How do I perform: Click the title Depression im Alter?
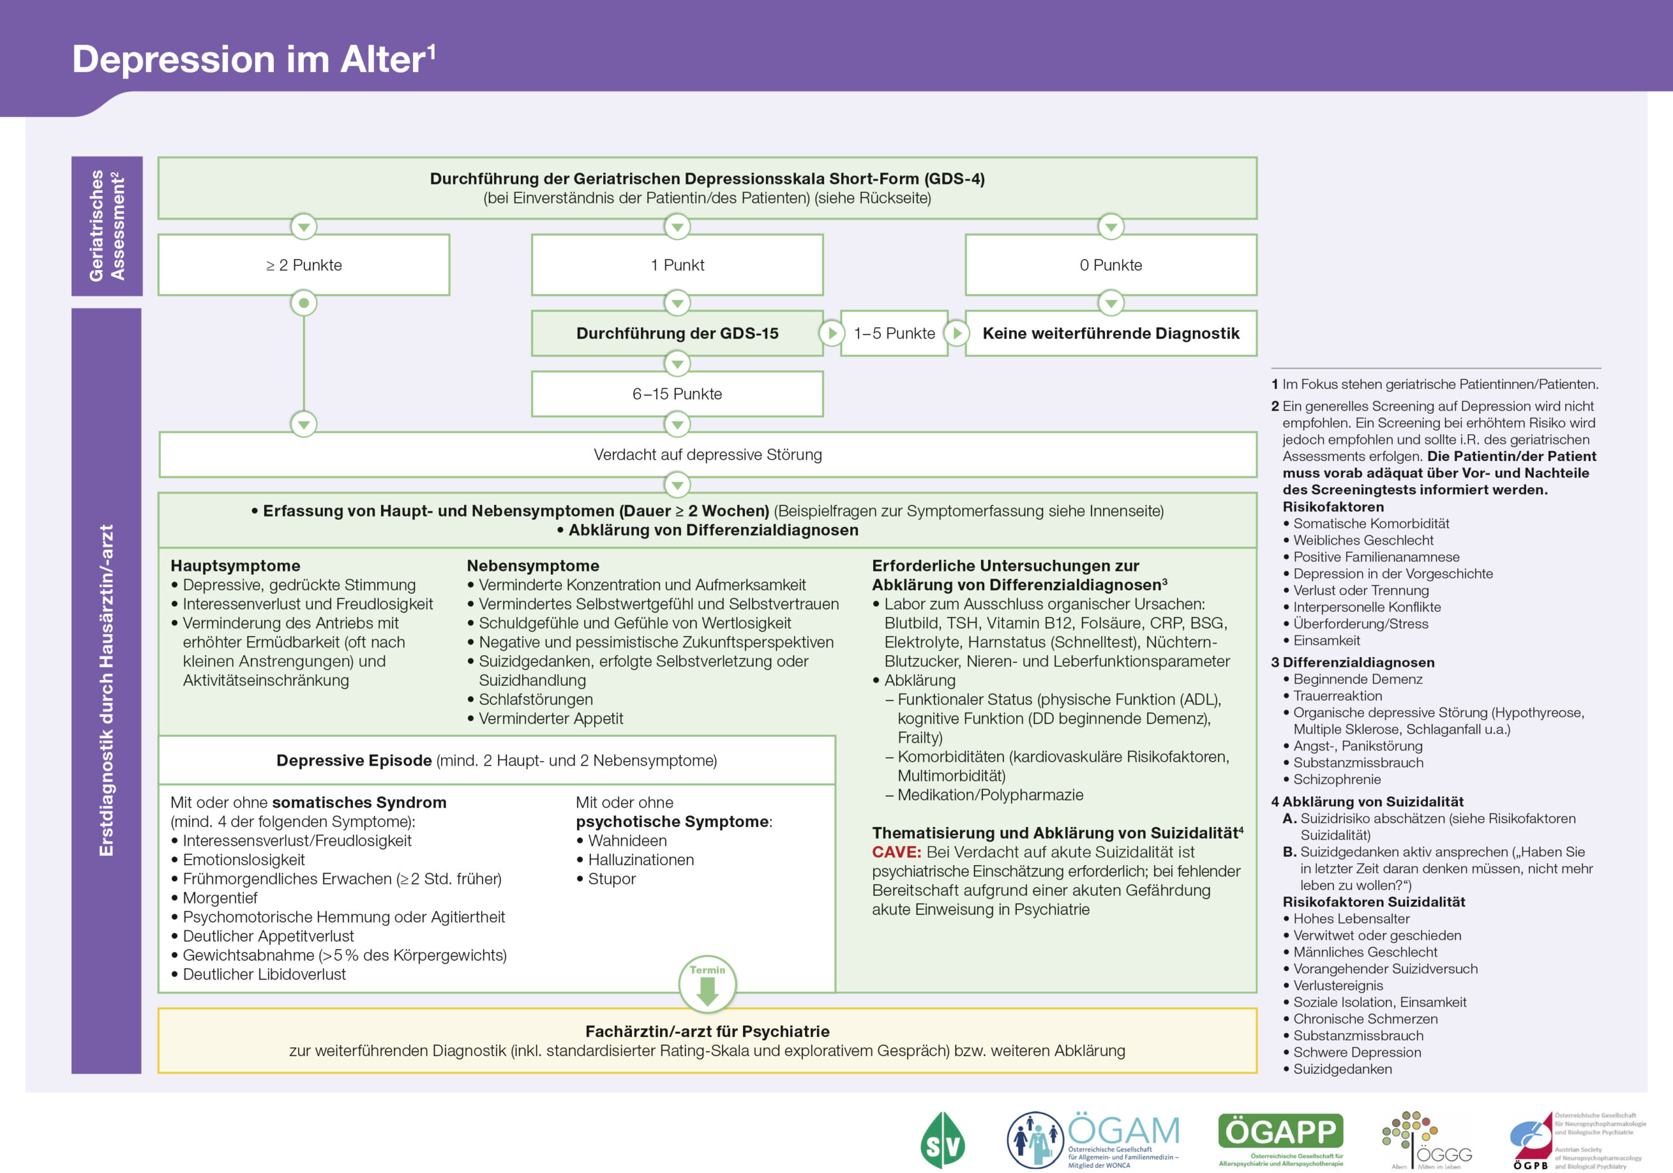[x=254, y=59]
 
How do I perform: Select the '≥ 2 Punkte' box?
[x=304, y=265]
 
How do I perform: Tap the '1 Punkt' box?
[x=678, y=265]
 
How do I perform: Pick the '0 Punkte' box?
[x=1111, y=265]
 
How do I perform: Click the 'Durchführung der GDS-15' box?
[x=678, y=333]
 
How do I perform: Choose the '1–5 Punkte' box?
[x=895, y=333]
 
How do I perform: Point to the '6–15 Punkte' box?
[x=678, y=394]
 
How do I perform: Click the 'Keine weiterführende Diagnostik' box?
[x=1111, y=333]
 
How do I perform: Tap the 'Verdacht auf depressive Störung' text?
[x=708, y=455]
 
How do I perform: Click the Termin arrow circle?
[x=708, y=985]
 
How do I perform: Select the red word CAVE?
[x=896, y=852]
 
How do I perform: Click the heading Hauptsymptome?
[x=235, y=566]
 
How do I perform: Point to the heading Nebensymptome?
[x=533, y=566]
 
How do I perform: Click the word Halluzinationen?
[x=641, y=860]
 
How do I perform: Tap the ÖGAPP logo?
[x=1281, y=1140]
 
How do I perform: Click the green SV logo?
[x=943, y=1140]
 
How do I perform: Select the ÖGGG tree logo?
[x=1427, y=1140]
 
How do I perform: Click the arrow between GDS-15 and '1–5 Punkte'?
[x=831, y=333]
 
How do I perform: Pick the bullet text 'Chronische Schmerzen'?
[x=1365, y=1019]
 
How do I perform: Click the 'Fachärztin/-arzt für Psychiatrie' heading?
[x=708, y=1032]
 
